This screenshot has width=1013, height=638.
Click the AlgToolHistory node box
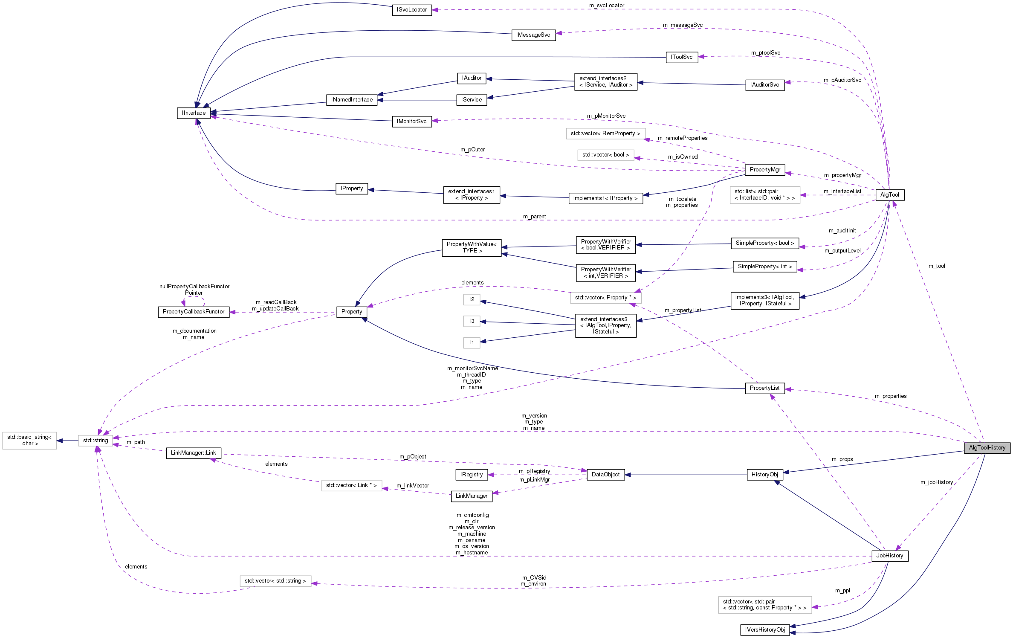click(987, 448)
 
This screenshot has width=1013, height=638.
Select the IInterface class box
click(194, 113)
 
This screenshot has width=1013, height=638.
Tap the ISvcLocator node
click(411, 10)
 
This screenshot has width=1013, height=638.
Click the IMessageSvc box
click(533, 35)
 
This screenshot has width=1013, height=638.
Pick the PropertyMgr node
click(765, 170)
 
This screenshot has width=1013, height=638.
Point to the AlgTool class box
click(889, 195)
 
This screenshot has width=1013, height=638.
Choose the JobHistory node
click(889, 556)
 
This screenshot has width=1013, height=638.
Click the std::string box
click(96, 441)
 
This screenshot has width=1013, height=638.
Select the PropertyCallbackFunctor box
click(194, 312)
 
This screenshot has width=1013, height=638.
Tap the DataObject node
click(605, 475)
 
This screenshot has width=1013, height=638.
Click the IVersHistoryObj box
click(765, 630)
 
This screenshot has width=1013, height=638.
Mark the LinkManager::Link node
click(194, 453)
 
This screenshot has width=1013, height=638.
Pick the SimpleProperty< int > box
click(765, 267)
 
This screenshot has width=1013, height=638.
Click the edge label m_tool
click(937, 266)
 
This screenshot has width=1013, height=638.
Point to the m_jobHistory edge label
click(936, 482)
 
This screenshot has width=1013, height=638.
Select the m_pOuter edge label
click(472, 150)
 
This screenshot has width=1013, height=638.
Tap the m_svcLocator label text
click(606, 6)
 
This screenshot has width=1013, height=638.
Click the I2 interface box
click(472, 299)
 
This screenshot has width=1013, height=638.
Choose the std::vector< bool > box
click(605, 155)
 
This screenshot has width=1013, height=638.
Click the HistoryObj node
click(764, 475)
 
